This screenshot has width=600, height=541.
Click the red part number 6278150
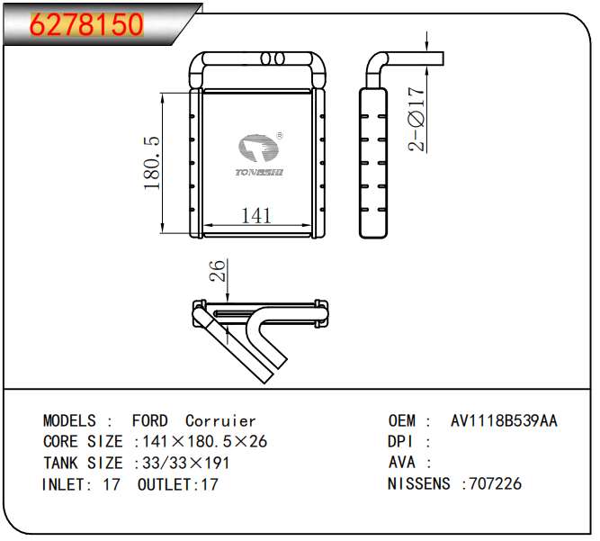[87, 25]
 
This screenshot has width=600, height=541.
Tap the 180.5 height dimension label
[152, 163]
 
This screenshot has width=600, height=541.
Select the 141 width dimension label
[256, 216]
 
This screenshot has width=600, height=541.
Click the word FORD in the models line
[149, 420]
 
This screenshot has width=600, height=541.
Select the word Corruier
[220, 420]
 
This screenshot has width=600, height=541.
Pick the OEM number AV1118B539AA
[504, 420]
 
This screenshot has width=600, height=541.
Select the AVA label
[402, 463]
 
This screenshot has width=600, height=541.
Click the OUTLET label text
[166, 484]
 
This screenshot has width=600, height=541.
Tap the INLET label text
[67, 484]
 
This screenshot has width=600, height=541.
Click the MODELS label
[70, 420]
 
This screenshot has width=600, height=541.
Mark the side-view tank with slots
[375, 162]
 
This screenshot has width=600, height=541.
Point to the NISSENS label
[418, 484]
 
